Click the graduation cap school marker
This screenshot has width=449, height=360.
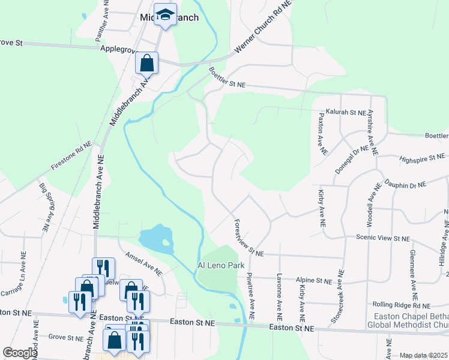(x=165, y=14)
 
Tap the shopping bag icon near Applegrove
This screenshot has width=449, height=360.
(x=146, y=62)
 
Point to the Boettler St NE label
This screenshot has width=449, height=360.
(x=227, y=79)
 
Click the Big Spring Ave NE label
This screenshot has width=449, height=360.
(x=44, y=207)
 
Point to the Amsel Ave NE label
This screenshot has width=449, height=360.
(x=143, y=263)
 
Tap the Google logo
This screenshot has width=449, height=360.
(x=20, y=353)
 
